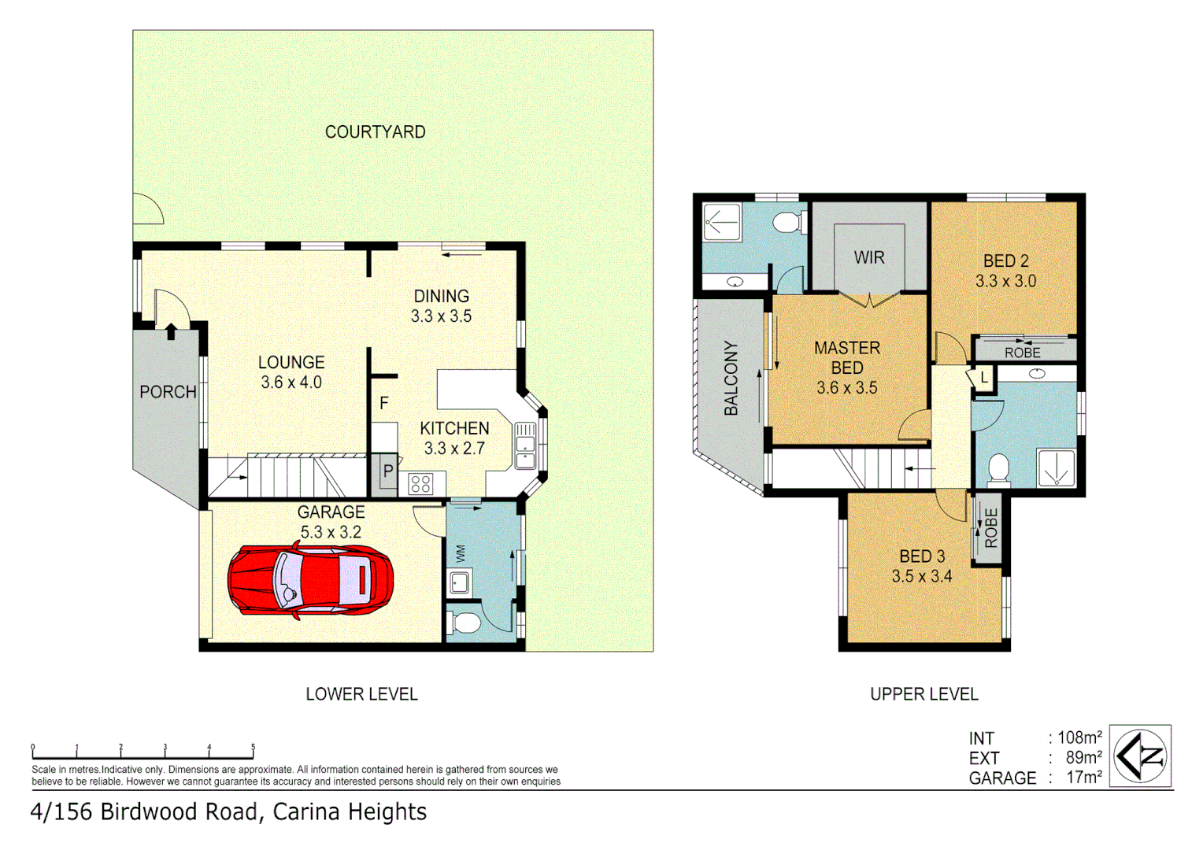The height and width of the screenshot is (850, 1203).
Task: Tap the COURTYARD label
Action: tap(375, 132)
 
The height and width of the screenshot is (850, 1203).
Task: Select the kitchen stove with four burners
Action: tap(420, 483)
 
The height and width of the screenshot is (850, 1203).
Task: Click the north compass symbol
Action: tap(1141, 756)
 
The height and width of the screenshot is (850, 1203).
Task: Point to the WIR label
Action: tap(869, 257)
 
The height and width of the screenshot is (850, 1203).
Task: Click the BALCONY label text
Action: tap(731, 379)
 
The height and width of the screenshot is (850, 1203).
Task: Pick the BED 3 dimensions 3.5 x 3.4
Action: tap(921, 576)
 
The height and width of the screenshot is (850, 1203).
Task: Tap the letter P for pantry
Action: tap(387, 471)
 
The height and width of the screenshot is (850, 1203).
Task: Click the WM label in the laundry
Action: tap(461, 553)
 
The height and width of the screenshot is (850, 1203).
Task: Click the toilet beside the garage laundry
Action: tap(465, 624)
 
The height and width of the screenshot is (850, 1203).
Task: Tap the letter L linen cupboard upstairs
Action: tap(984, 378)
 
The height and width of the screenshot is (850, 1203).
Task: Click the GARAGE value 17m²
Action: tap(1083, 777)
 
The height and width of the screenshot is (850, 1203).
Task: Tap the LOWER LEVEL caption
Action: tap(361, 694)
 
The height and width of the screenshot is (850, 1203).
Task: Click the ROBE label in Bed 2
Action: tap(1022, 353)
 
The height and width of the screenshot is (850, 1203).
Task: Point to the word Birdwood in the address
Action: tap(151, 811)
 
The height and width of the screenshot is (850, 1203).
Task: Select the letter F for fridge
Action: tap(384, 403)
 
